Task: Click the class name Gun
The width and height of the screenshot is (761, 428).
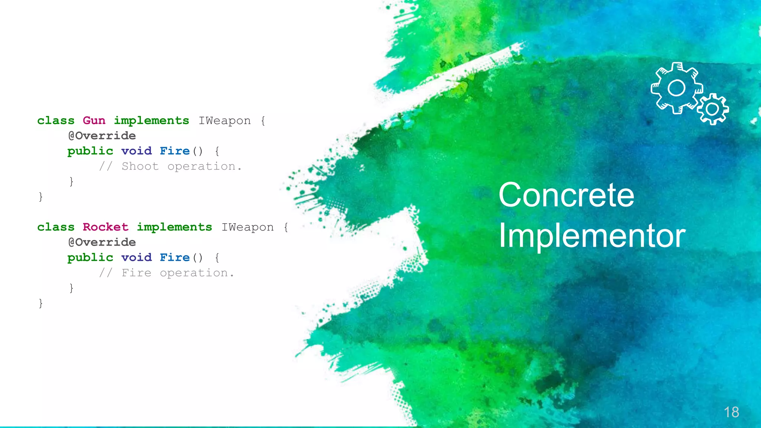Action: click(x=94, y=120)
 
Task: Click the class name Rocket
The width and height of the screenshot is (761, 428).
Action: click(x=106, y=227)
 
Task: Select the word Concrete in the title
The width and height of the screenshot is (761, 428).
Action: click(x=566, y=195)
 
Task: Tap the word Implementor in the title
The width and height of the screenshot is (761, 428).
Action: click(x=592, y=236)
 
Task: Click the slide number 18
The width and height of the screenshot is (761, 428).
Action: click(x=731, y=412)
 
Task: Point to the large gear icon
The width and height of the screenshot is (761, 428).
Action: click(x=676, y=88)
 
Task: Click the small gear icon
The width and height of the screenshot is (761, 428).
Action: click(x=712, y=109)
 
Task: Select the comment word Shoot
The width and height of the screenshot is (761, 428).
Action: click(x=140, y=166)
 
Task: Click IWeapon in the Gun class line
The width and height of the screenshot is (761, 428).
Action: click(x=224, y=121)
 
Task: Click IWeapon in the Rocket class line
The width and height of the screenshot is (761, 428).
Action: click(x=247, y=227)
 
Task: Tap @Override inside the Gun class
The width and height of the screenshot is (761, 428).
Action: click(x=102, y=136)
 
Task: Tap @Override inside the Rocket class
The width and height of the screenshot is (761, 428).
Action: click(x=102, y=242)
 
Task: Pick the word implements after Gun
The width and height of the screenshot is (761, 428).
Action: click(x=151, y=121)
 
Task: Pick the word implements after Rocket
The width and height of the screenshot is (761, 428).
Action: click(x=174, y=227)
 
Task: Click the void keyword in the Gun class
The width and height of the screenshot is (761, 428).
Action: click(x=136, y=151)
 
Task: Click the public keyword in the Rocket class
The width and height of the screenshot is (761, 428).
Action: click(x=90, y=257)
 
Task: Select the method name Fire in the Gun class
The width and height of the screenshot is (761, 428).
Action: click(x=175, y=151)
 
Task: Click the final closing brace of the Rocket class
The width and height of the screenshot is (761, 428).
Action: click(x=41, y=303)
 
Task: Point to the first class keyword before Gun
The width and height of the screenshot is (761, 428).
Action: click(x=56, y=121)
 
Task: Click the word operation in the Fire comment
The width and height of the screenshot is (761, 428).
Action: click(x=194, y=273)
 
